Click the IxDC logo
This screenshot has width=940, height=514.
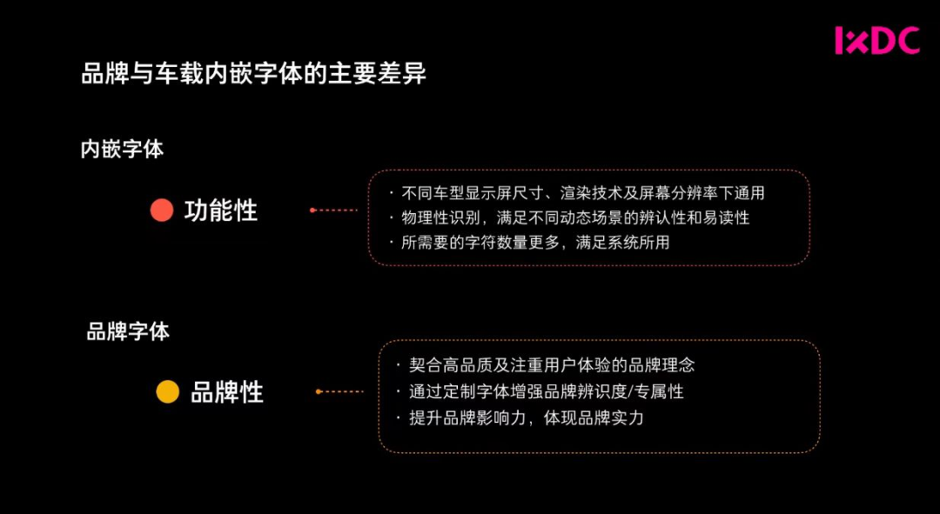click(876, 41)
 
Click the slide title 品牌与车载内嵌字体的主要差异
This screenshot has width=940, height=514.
click(254, 74)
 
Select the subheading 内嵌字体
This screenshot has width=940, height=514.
click(122, 149)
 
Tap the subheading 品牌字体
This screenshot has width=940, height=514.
click(128, 331)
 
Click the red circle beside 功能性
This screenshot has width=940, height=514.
click(162, 210)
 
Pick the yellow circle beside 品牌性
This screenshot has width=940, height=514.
click(167, 392)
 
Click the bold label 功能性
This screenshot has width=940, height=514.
click(221, 210)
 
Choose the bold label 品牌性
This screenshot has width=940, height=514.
click(227, 392)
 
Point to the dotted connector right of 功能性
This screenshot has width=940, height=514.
click(334, 210)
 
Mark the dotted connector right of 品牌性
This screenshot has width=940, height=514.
click(340, 391)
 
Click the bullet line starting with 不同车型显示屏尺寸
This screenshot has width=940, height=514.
click(582, 192)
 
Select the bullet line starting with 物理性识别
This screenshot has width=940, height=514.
click(574, 217)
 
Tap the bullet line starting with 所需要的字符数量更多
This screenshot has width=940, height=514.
click(535, 243)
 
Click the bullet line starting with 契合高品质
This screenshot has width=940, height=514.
click(552, 365)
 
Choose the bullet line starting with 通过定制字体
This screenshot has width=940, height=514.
click(547, 391)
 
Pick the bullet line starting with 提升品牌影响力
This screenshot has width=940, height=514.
click(527, 417)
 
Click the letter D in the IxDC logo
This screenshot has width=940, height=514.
click(884, 41)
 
